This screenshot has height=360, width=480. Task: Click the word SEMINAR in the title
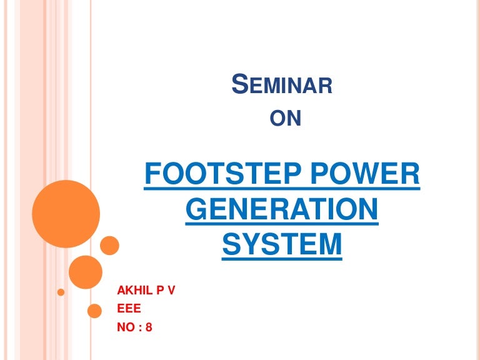click(282, 84)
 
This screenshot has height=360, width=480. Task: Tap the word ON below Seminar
click(289, 117)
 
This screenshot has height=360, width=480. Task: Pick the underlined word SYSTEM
click(282, 244)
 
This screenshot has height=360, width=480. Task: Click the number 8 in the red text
click(149, 326)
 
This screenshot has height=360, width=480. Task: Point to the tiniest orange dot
click(61, 292)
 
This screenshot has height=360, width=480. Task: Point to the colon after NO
click(140, 326)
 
